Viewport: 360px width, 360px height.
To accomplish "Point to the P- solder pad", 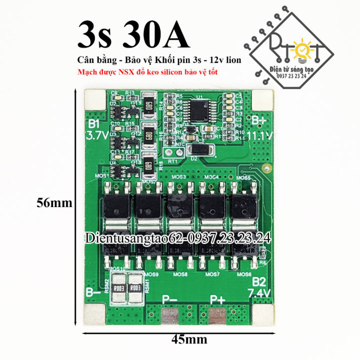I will point(170,316).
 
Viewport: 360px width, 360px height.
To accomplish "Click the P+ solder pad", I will point(217,316).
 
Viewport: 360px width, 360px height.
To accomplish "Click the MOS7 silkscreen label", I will point(212,274).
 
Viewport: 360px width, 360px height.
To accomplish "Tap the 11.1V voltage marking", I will point(263,136).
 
